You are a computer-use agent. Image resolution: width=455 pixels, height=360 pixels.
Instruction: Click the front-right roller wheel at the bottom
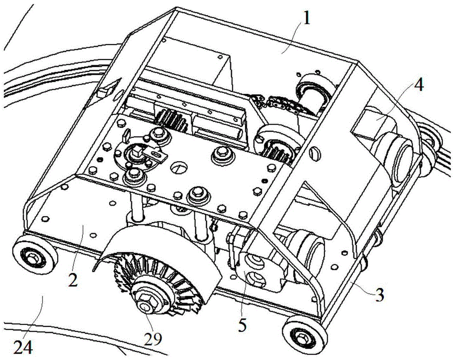[301, 336]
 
